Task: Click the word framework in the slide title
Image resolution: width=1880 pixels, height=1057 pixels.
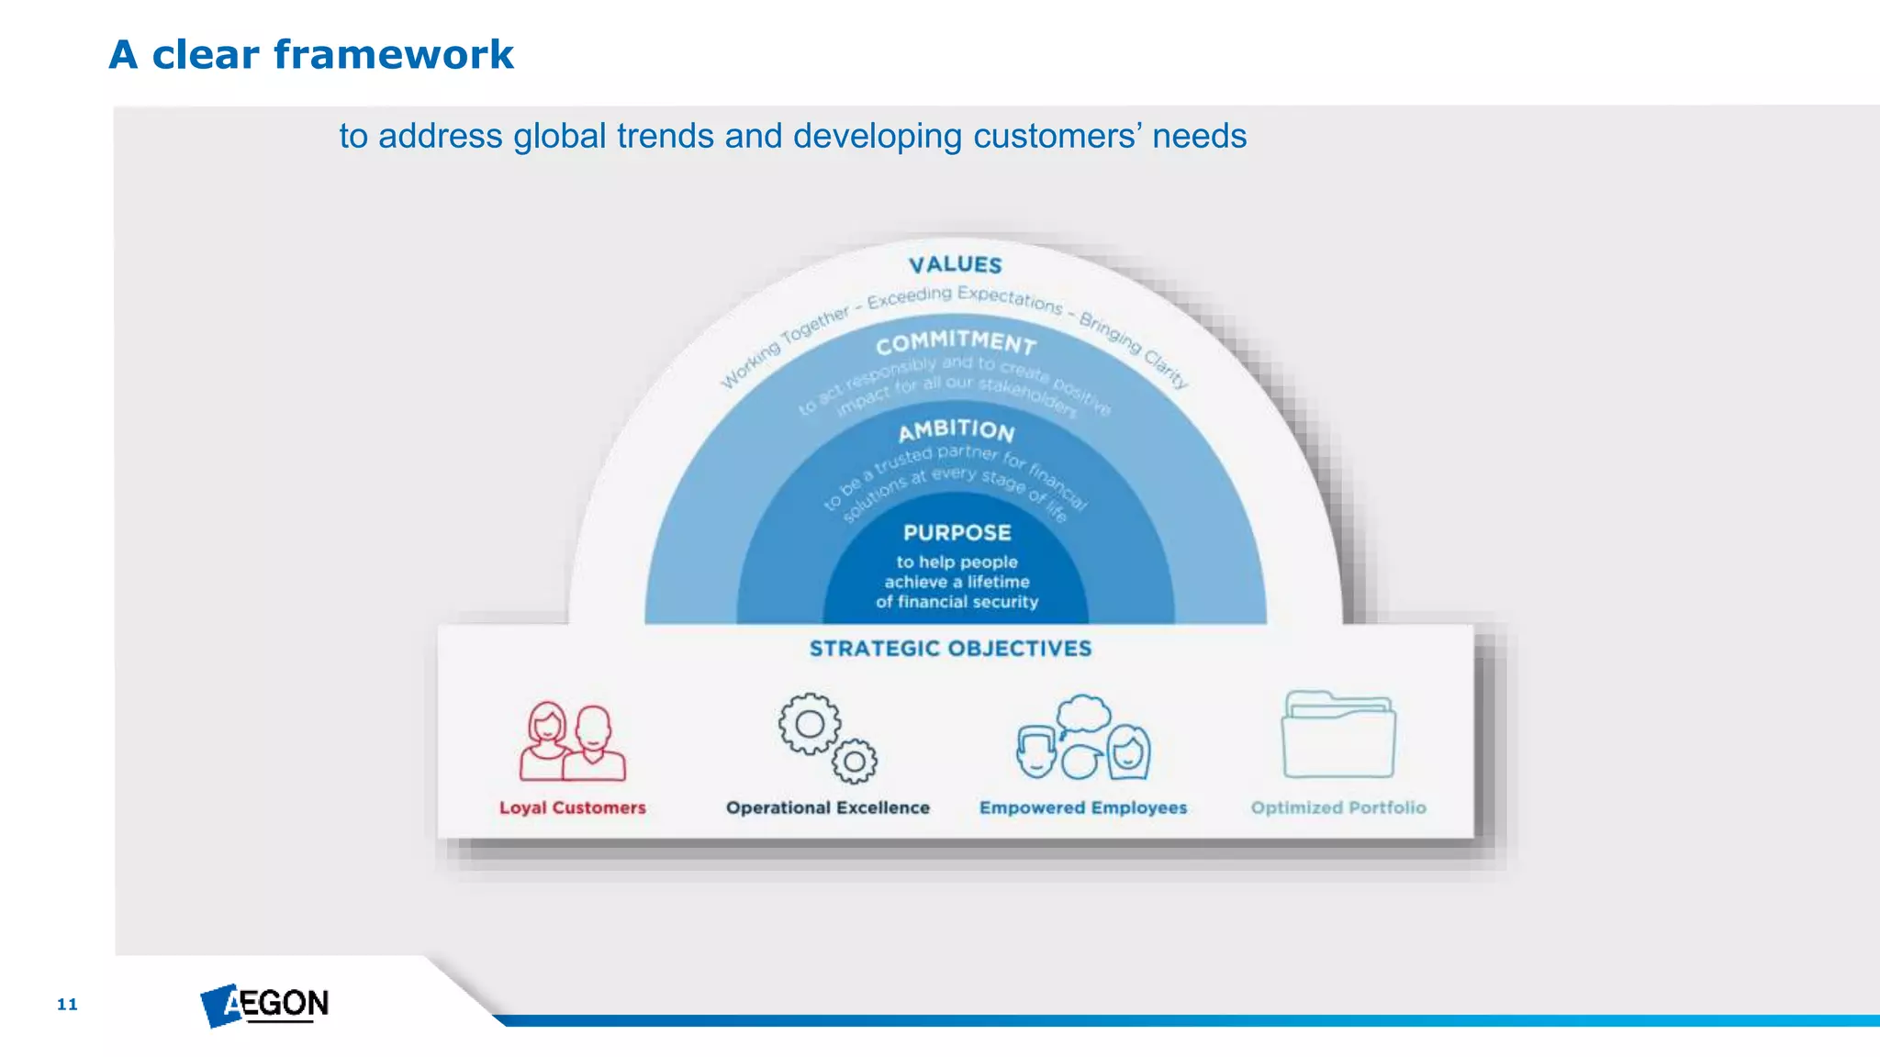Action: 393,55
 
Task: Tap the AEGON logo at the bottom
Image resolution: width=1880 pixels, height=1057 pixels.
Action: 264,1005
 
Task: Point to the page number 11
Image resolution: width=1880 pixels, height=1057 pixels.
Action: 67,1004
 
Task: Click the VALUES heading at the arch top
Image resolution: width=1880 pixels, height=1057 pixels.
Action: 955,265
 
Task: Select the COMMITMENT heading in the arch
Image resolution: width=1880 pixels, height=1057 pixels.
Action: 956,343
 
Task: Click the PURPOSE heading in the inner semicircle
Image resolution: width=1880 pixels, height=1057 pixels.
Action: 957,533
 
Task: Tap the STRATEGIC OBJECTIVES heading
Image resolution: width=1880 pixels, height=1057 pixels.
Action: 950,649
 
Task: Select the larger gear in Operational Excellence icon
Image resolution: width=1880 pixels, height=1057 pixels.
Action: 809,725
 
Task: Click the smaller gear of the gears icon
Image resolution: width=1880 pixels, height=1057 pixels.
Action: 855,762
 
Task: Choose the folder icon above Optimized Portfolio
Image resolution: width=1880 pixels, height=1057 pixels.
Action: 1337,736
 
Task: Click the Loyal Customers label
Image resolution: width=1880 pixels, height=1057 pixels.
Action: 572,807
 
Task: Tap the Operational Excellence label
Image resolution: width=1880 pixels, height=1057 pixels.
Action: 827,807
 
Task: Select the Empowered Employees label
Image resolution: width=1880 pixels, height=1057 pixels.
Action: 1082,807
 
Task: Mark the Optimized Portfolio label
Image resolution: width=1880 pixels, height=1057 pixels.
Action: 1337,807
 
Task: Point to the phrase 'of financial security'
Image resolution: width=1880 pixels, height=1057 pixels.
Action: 957,602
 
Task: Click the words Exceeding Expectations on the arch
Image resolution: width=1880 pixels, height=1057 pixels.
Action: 964,296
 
